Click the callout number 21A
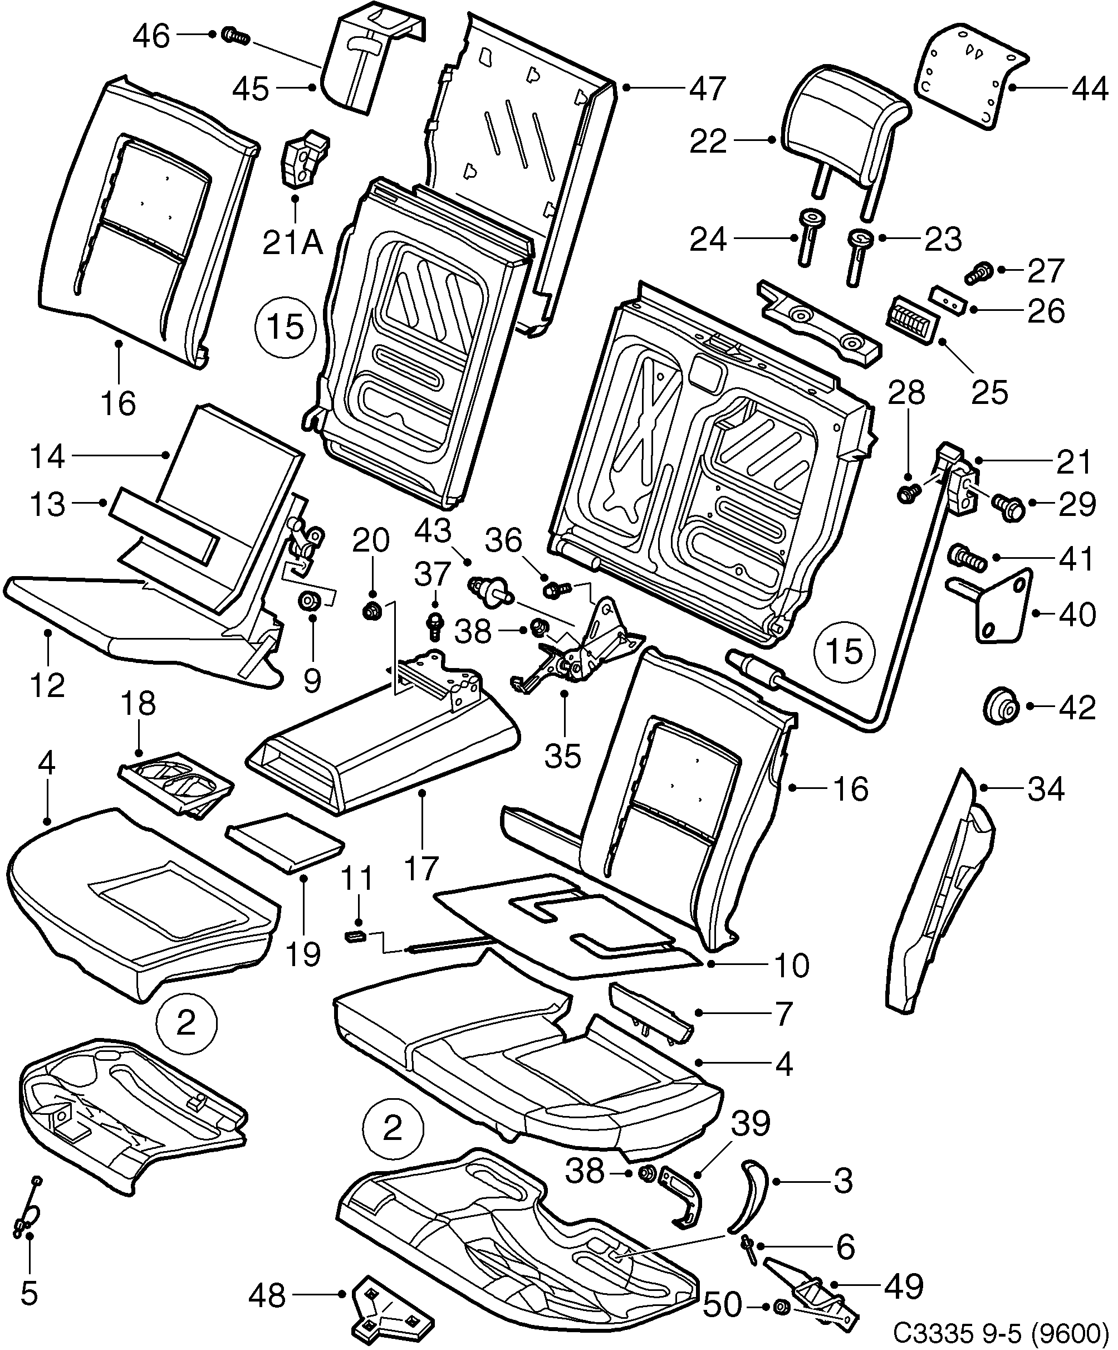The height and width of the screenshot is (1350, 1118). (292, 243)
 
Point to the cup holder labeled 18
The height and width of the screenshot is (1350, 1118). (176, 788)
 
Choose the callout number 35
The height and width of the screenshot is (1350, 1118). (563, 757)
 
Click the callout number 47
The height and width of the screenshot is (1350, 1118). (708, 88)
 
